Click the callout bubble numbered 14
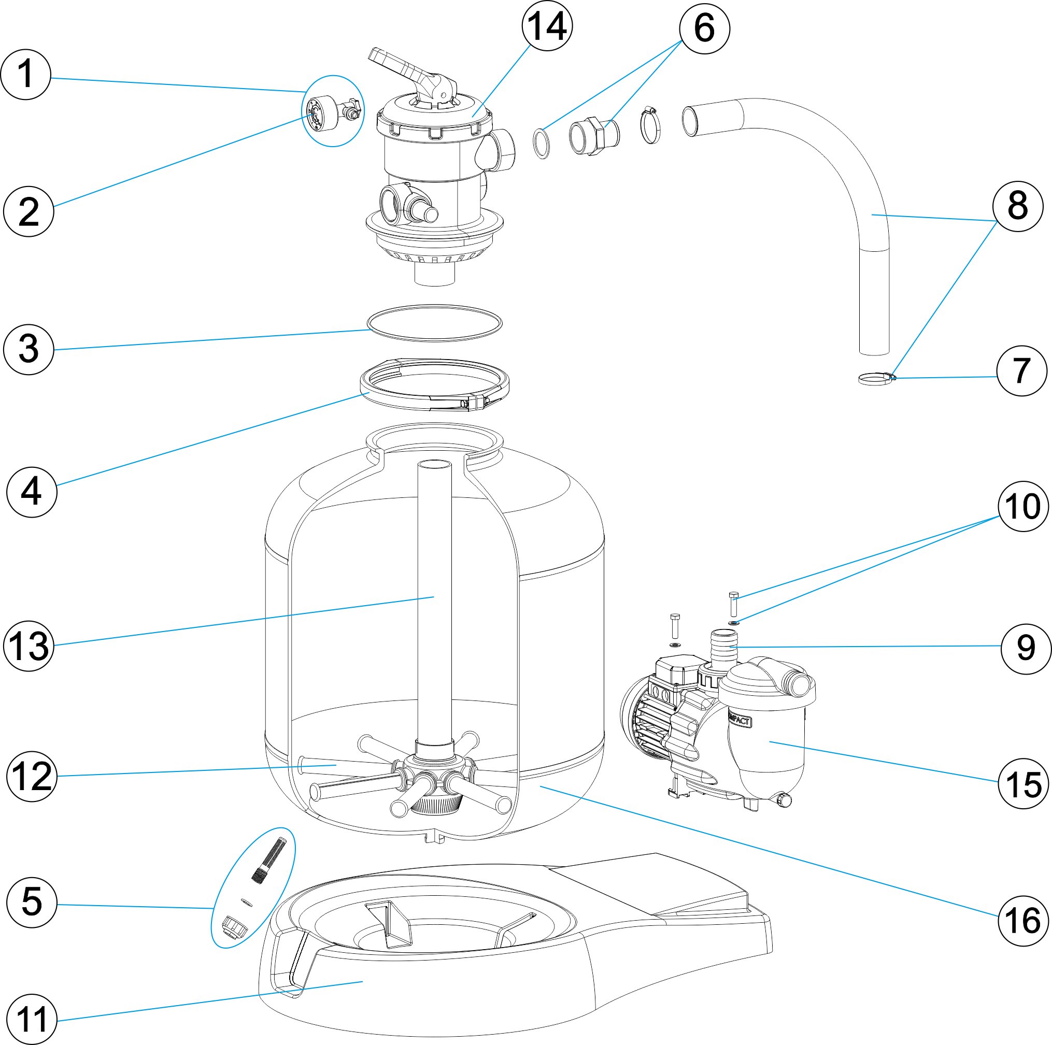547,25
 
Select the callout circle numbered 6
704,28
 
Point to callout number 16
1022,920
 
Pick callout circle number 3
29,349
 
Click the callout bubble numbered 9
1026,648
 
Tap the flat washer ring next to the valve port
541,143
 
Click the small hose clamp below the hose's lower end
876,378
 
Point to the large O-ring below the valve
434,323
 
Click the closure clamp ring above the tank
434,384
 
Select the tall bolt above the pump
733,604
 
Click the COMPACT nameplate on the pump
740,721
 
